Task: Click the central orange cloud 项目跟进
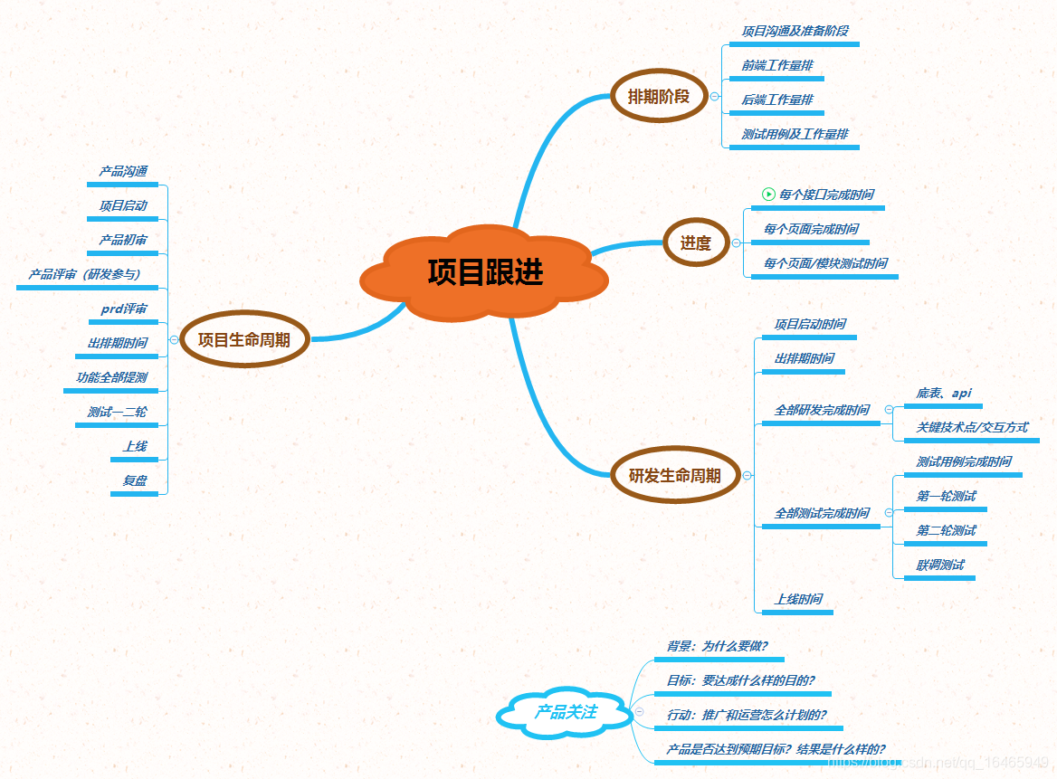[x=485, y=272]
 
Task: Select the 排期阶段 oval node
[x=658, y=96]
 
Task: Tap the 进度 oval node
[x=695, y=242]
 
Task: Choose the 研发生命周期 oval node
[x=674, y=475]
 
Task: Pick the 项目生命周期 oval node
[x=243, y=340]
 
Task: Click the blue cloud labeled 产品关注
[x=566, y=713]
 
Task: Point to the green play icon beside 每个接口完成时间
[x=768, y=194]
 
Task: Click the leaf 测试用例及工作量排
[x=795, y=134]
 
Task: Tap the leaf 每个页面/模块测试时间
[x=824, y=263]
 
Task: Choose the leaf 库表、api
[x=943, y=393]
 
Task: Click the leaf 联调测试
[x=939, y=565]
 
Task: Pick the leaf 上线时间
[x=797, y=599]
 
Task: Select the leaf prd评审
[x=123, y=309]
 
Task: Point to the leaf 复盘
[x=134, y=480]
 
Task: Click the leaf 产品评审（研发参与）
[x=84, y=274]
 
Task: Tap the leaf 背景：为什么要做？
[x=717, y=646]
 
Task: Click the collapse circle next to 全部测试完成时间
[x=889, y=513]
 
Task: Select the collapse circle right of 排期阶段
[x=715, y=96]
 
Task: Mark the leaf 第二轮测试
[x=946, y=530]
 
